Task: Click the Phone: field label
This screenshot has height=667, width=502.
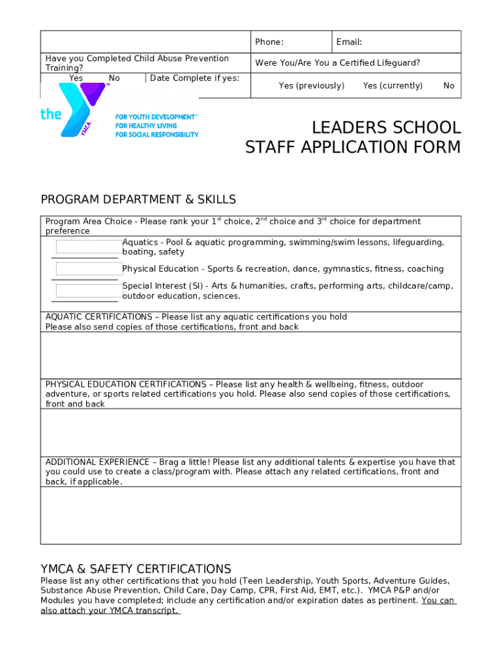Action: pos(269,42)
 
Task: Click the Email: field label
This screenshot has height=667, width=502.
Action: pos(349,42)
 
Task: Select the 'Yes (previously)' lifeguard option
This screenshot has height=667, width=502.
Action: pos(311,86)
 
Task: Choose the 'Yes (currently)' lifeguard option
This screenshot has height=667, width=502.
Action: pos(392,86)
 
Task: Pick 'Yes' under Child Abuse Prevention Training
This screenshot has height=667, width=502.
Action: pos(76,78)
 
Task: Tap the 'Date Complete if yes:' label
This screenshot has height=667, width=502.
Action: pos(194,78)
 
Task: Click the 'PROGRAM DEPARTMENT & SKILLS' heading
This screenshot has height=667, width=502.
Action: pos(138,199)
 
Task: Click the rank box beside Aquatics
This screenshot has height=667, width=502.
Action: pos(89,247)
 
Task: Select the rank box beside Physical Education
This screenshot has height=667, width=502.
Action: pos(89,269)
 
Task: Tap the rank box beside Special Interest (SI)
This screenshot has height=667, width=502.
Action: pos(89,291)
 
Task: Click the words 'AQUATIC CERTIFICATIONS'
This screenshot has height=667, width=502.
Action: pos(98,317)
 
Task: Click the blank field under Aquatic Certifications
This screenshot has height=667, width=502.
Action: pos(250,355)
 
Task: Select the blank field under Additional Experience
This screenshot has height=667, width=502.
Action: pos(250,515)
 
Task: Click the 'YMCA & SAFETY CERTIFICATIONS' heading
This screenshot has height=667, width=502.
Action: pos(136,569)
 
